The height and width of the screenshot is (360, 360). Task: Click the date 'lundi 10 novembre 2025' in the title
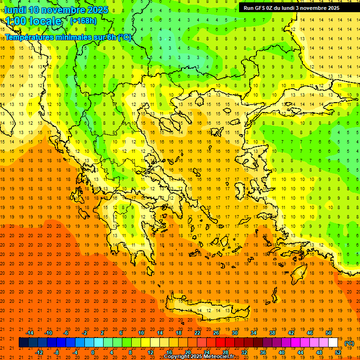coord(56,10)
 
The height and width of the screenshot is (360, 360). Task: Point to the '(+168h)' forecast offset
coord(83,21)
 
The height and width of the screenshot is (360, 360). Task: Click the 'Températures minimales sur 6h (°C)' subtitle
coord(68,37)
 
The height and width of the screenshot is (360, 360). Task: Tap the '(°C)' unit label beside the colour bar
coord(349,343)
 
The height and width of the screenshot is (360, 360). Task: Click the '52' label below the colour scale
coord(338,352)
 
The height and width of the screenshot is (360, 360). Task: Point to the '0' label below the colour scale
coord(93,352)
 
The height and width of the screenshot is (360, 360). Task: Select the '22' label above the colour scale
coord(197,333)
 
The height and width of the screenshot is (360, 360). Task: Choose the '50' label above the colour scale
coord(329,333)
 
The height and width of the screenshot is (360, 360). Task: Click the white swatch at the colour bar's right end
coord(333,343)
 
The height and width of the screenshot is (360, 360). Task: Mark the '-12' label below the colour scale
coord(39,352)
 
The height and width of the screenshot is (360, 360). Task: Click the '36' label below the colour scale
coord(262,352)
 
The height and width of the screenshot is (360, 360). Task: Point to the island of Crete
coord(206,309)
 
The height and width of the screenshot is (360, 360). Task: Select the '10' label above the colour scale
coord(141,333)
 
